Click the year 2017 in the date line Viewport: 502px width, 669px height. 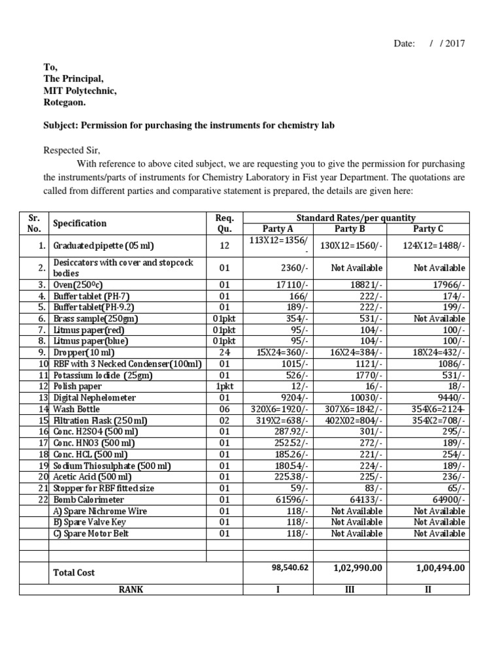455,44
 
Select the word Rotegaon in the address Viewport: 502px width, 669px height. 65,103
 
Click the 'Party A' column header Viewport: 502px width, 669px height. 278,229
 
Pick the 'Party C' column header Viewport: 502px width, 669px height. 429,229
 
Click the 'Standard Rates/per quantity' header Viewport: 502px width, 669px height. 356,218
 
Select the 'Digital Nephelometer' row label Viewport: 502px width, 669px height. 95,397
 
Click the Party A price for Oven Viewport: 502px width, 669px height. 295,285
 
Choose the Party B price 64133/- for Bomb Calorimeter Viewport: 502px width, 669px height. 367,500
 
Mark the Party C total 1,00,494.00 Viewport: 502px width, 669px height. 440,568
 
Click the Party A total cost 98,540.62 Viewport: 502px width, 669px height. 290,568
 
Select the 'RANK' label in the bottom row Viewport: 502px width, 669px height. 131,589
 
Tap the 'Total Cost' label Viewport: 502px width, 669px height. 74,572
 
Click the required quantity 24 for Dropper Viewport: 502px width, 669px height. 219,352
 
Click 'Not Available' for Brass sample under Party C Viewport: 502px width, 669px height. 439,318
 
